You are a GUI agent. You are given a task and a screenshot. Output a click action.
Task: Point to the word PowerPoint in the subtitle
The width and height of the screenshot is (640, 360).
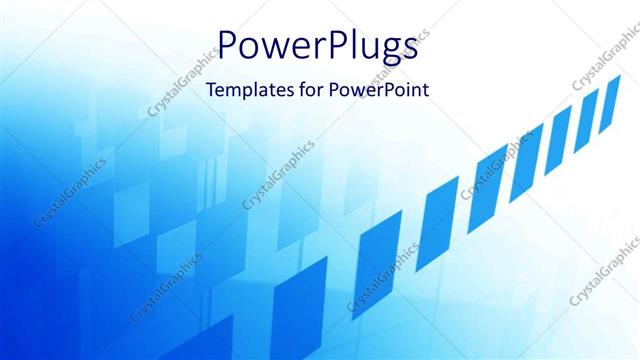click(381, 90)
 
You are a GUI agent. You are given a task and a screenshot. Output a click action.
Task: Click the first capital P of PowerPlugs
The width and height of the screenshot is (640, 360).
click(230, 45)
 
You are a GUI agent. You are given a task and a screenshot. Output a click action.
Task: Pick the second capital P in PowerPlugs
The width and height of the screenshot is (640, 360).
click(331, 45)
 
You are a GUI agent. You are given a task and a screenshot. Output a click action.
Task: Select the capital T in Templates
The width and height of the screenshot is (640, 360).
click(210, 90)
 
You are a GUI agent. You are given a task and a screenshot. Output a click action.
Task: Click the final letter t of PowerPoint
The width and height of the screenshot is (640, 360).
click(425, 90)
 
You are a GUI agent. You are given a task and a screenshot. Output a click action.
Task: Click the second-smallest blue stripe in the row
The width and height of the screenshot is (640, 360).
click(587, 114)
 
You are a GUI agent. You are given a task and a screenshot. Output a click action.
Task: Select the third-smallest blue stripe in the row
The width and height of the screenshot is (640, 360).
click(559, 129)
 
